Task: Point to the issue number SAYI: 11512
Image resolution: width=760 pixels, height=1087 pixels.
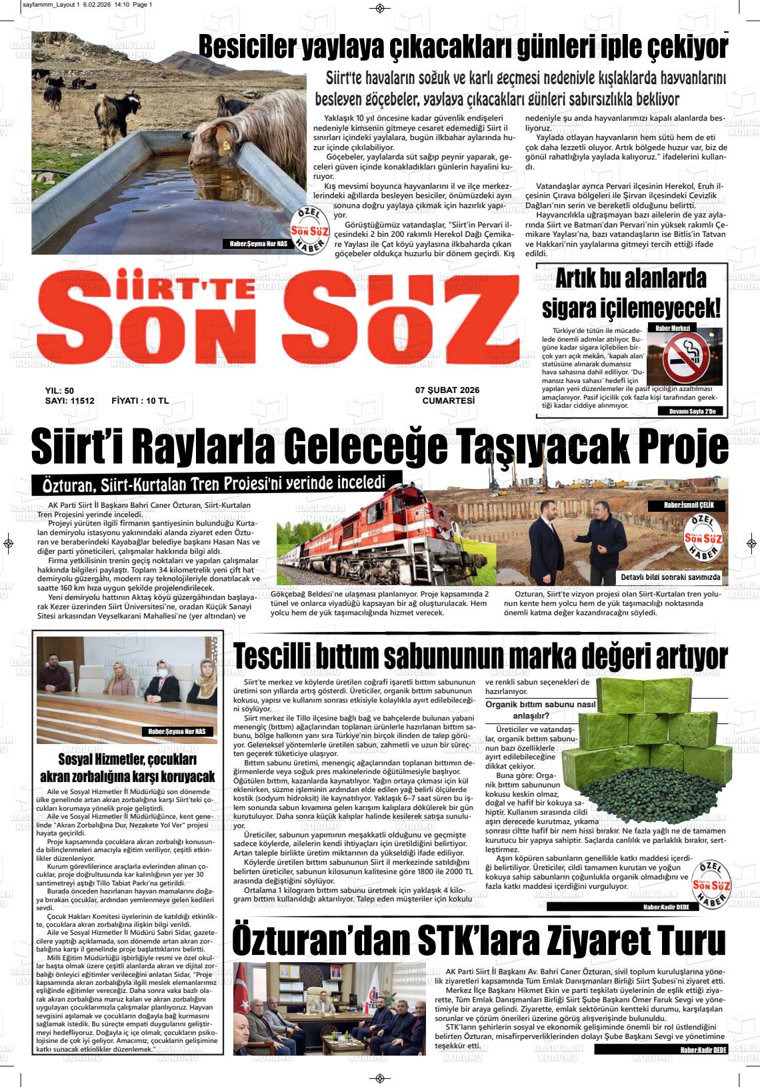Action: [69, 401]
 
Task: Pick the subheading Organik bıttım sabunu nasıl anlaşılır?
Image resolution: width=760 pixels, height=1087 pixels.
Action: [540, 711]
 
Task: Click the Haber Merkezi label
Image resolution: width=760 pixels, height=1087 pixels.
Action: [672, 328]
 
